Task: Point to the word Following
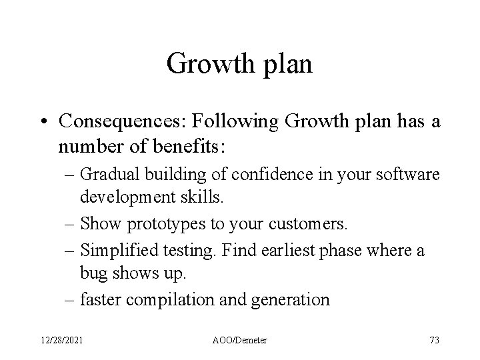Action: pos(220,122)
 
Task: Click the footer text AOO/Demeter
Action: pos(241,340)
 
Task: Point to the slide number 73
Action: pos(434,340)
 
